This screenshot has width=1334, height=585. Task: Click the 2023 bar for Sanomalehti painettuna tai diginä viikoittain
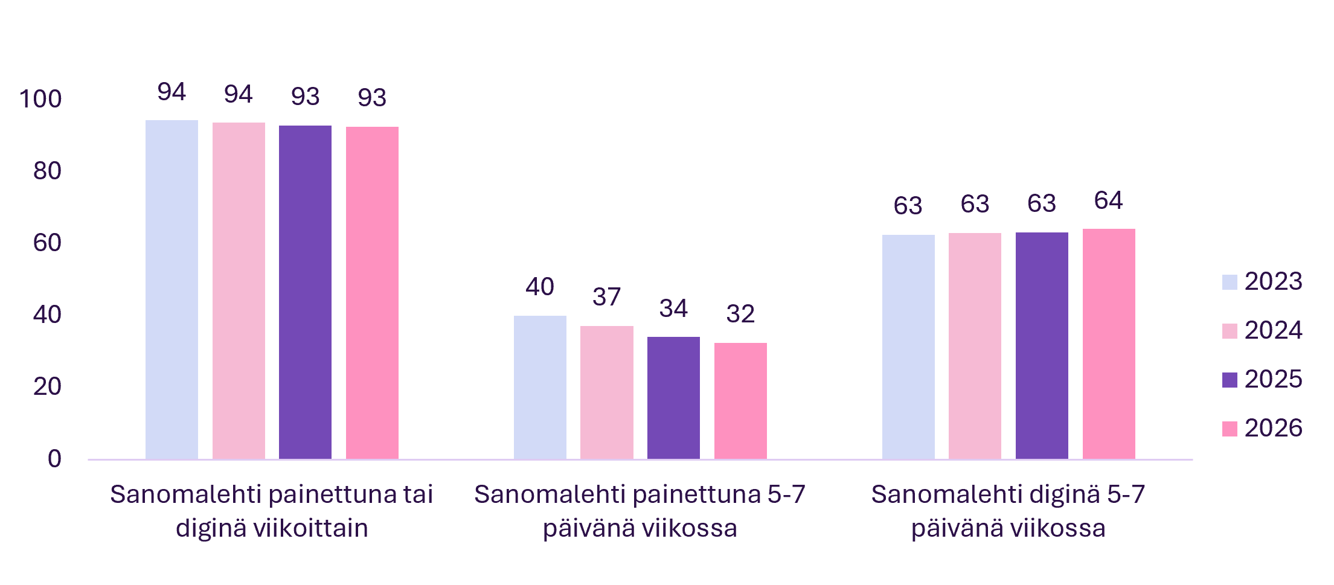172,290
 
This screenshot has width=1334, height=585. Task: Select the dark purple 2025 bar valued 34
673,398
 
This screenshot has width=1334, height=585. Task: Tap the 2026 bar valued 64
1109,344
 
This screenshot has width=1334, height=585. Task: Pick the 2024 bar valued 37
607,392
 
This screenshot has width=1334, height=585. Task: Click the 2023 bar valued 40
540,388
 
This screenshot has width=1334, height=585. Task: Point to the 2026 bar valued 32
740,401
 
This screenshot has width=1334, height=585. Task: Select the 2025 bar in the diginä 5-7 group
1042,346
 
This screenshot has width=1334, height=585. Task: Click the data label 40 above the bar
540,286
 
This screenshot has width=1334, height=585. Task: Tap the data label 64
1108,200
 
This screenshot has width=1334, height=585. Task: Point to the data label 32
740,314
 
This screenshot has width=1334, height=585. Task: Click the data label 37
607,296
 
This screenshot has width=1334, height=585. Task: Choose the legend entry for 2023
1262,281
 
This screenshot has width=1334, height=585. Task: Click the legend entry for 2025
1262,379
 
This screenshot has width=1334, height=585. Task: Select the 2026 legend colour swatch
1230,429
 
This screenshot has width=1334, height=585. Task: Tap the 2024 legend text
1274,330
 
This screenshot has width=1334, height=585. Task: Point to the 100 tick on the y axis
40,99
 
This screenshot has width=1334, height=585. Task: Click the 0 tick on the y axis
54,459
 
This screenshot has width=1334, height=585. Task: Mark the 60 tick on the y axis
47,243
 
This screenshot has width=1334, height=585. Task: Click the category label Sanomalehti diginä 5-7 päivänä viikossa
1009,511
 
